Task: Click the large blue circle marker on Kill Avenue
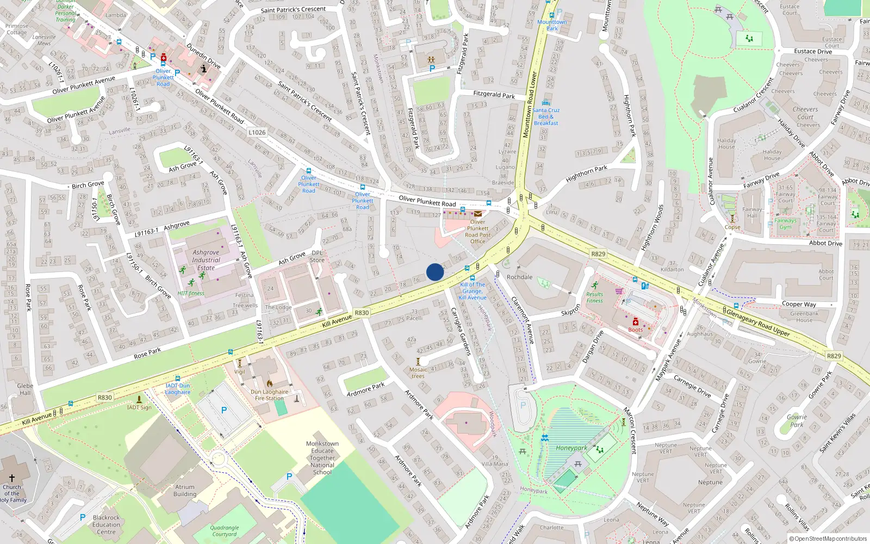coord(435,272)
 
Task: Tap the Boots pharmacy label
coord(635,330)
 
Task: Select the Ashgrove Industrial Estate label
coord(206,260)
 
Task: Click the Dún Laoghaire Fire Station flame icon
coord(269,383)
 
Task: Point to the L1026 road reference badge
coord(257,132)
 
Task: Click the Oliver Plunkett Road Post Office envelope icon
coord(478,214)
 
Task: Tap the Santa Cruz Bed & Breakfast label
coord(546,116)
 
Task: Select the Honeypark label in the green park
coord(571,448)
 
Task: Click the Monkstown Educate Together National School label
coord(322,458)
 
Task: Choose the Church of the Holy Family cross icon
coord(12,478)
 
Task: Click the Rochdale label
coord(519,277)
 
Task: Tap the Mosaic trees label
coord(418,373)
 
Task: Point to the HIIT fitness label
coord(191,293)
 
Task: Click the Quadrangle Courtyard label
coord(225,530)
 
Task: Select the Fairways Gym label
coord(786,224)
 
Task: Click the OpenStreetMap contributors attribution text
coord(828,539)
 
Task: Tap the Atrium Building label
coord(185,491)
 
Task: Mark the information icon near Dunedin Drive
coord(204,69)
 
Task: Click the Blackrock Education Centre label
coord(106,525)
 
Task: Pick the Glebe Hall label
coord(25,389)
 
